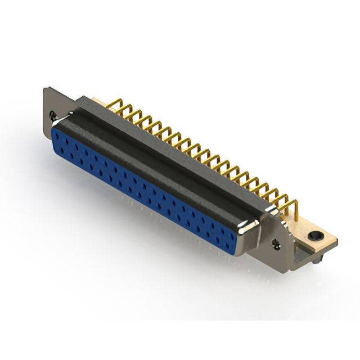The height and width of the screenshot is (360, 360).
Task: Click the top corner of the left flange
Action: coord(46,88)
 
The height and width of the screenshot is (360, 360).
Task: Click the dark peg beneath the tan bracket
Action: coord(318,260)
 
